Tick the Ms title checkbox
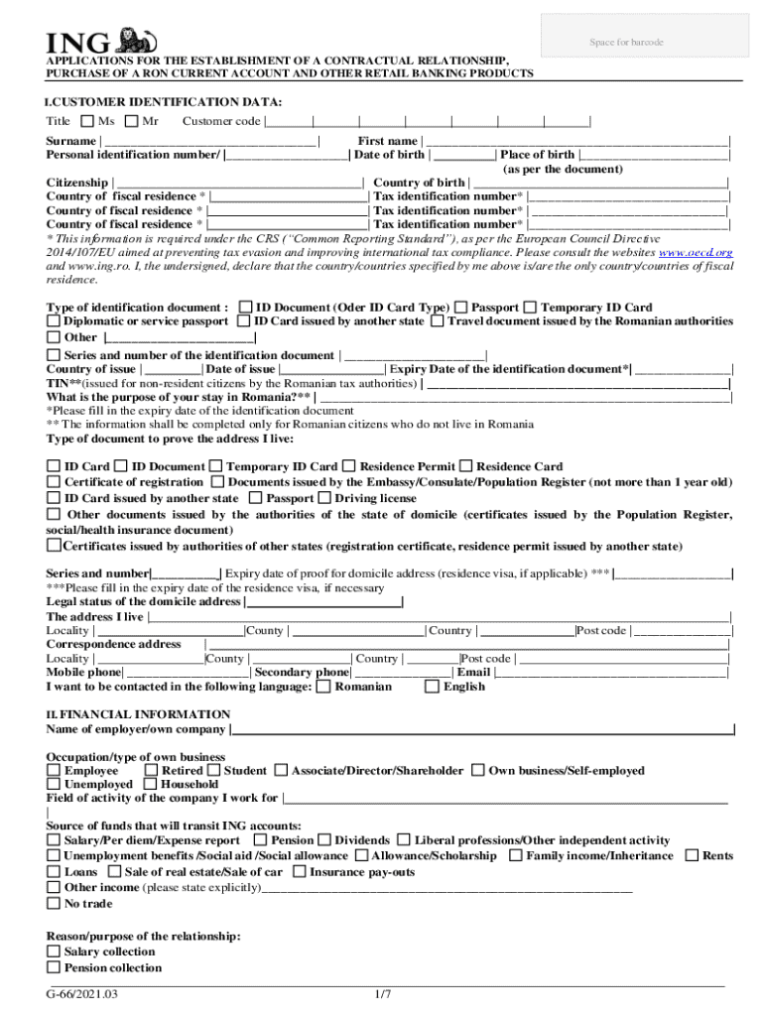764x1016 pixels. (87, 122)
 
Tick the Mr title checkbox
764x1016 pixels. (133, 122)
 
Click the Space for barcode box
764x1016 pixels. (626, 42)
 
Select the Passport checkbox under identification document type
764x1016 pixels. (461, 308)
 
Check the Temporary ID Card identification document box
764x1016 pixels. (531, 308)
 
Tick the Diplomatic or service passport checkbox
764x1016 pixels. (54, 321)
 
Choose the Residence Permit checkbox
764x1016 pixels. (348, 466)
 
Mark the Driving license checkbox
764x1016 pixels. (324, 498)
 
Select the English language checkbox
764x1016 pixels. (431, 687)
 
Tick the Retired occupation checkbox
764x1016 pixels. (151, 771)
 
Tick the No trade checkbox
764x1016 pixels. (54, 904)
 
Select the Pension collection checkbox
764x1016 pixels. (54, 968)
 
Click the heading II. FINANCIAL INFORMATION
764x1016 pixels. (138, 714)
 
